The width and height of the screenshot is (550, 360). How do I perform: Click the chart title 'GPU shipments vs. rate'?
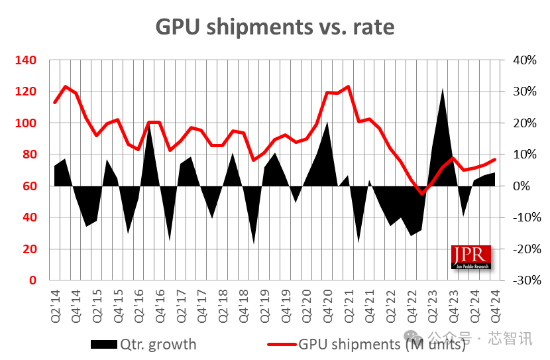274,26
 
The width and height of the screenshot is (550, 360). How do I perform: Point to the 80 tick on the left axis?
30,154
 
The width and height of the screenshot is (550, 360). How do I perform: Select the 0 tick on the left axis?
34,280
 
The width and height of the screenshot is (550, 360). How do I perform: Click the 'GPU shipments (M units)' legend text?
382,344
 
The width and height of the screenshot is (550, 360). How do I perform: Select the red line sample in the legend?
281,344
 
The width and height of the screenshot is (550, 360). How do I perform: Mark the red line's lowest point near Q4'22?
421,194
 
